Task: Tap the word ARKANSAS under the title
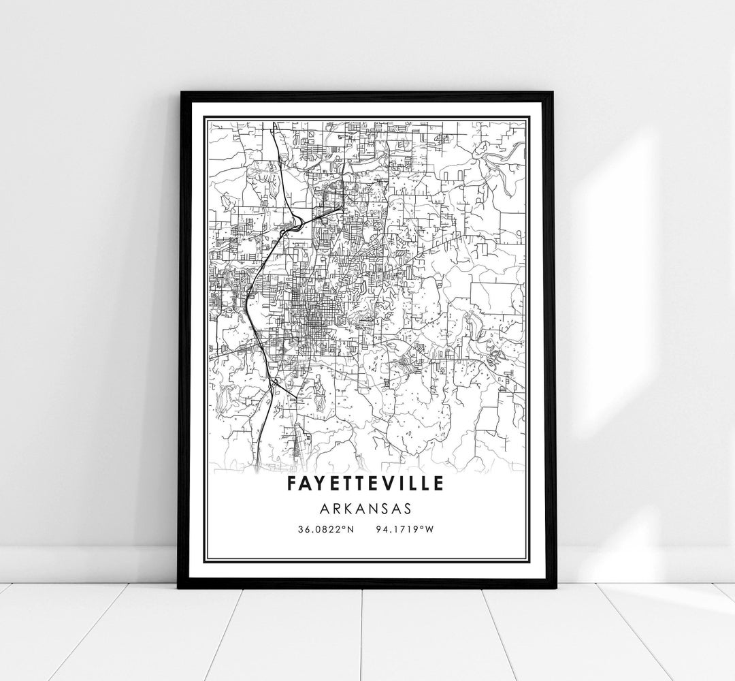pos(367,508)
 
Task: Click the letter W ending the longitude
pos(429,529)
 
